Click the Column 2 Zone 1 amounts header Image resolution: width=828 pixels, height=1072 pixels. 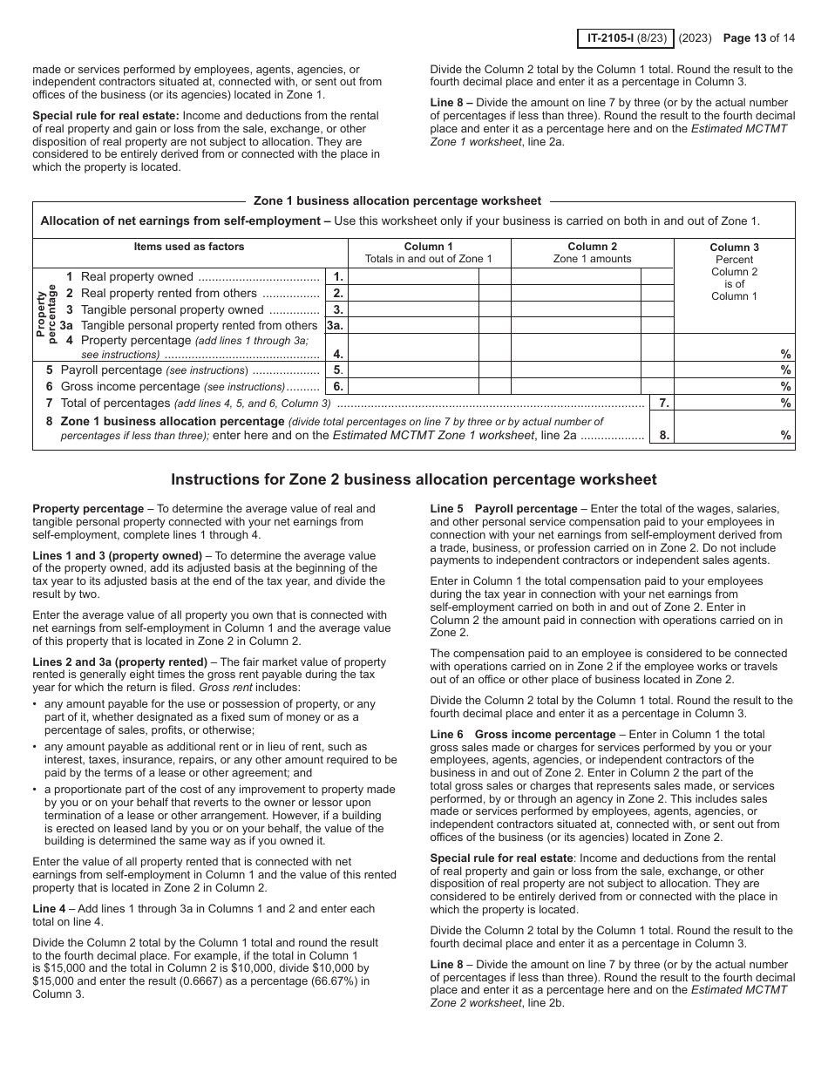tap(592, 253)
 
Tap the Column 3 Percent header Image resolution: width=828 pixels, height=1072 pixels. tap(734, 271)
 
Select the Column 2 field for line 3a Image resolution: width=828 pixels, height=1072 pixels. tap(575, 326)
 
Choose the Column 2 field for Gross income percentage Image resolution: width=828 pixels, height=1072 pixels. tap(575, 387)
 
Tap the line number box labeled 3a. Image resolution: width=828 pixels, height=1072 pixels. tap(336, 326)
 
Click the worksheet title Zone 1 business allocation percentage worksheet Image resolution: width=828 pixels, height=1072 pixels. tap(397, 200)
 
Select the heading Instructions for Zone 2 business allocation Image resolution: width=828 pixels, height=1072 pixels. tap(413, 479)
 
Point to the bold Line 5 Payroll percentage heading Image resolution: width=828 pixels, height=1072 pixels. tap(504, 509)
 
